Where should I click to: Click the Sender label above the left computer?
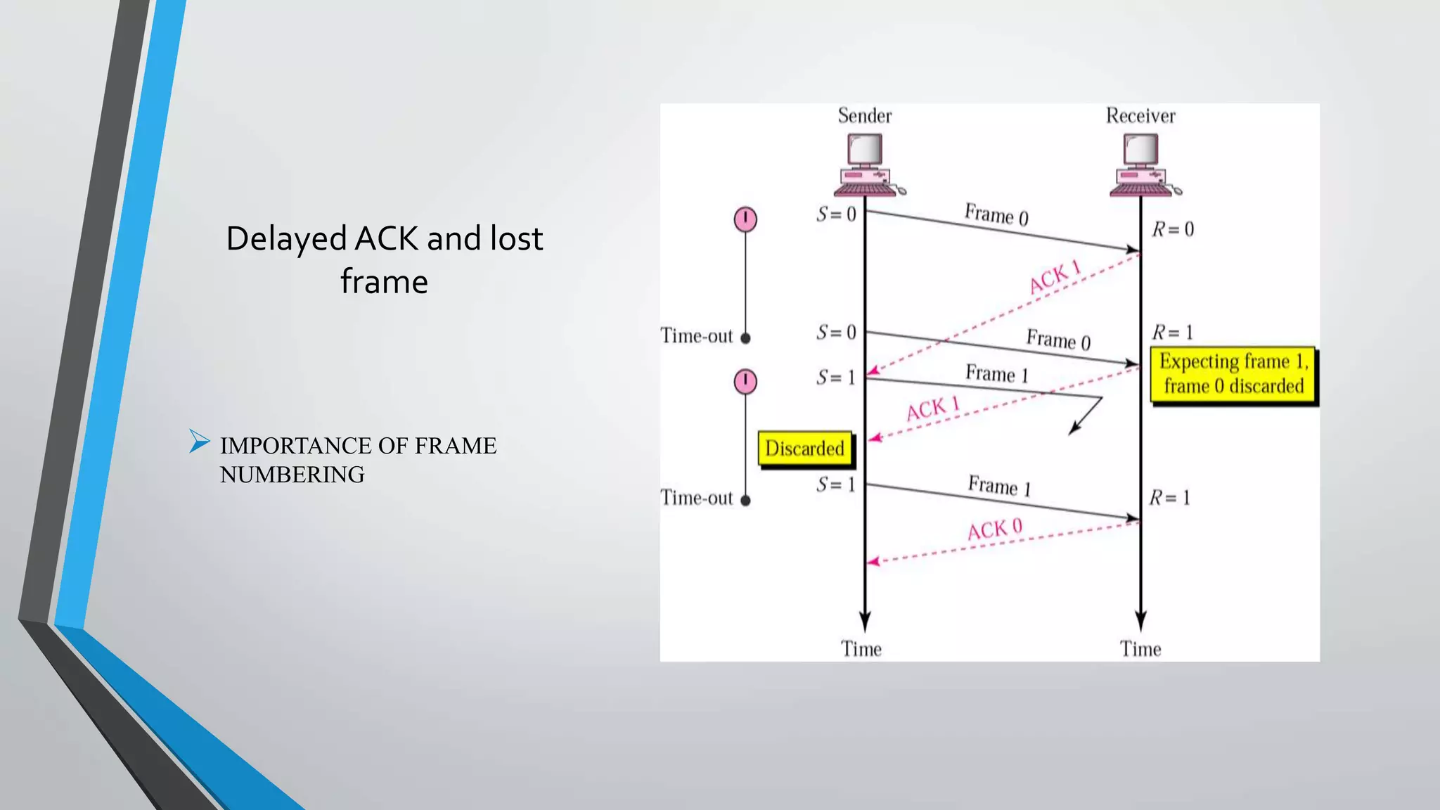[x=864, y=115]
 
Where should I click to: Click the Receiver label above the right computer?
[x=1140, y=115]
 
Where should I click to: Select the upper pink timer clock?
[x=745, y=219]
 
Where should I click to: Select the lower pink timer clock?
[x=745, y=382]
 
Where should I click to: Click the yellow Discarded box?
[x=805, y=449]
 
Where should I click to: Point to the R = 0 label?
[x=1173, y=229]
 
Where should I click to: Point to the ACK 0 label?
[x=995, y=529]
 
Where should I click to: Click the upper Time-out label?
[x=696, y=336]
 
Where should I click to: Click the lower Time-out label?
[x=696, y=498]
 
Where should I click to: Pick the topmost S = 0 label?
[x=836, y=214]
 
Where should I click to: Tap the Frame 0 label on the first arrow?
[x=996, y=214]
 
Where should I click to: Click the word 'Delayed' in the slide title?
[x=287, y=239]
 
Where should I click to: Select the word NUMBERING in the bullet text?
[x=292, y=475]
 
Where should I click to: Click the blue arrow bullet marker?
[x=200, y=442]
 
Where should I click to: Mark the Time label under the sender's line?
[x=861, y=648]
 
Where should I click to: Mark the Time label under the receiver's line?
[x=1140, y=648]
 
